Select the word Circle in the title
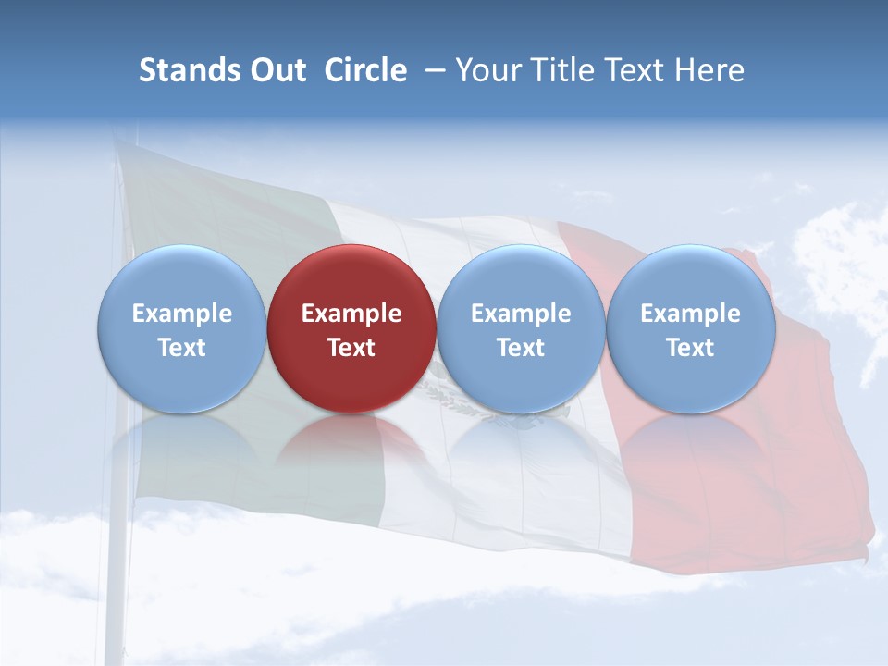(365, 70)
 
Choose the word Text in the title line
(640, 70)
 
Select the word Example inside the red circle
(351, 314)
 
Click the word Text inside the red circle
(351, 348)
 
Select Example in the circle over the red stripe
(691, 314)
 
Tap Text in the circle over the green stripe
(181, 348)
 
